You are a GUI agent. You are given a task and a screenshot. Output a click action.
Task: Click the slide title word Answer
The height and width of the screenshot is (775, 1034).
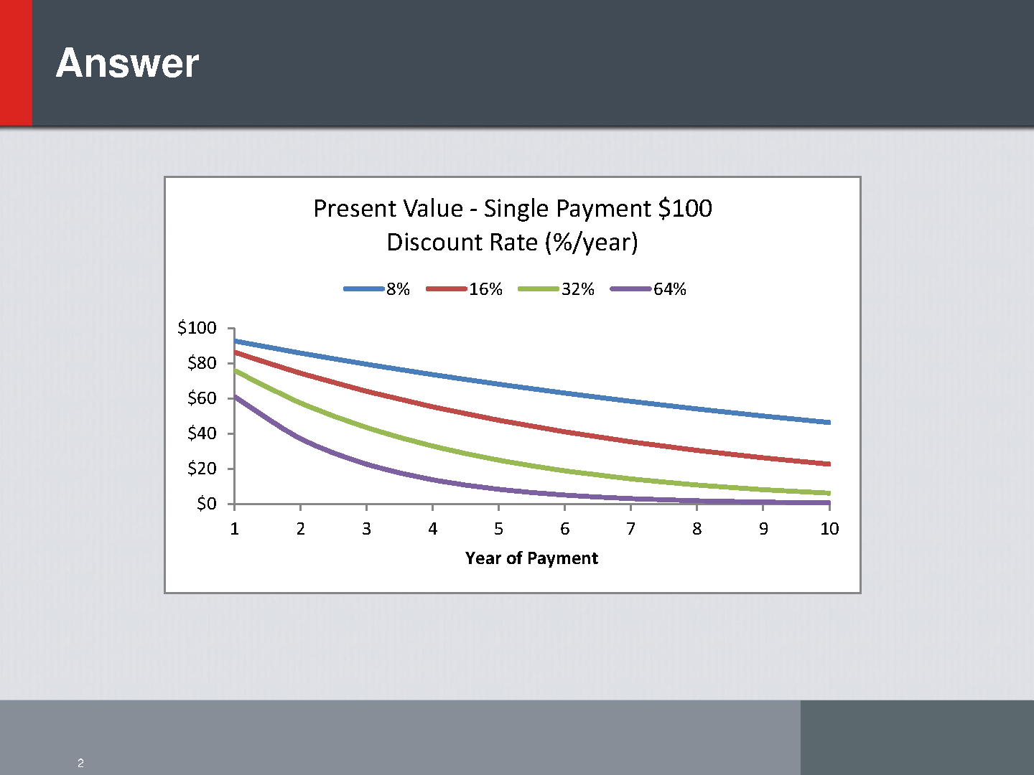pyautogui.click(x=127, y=63)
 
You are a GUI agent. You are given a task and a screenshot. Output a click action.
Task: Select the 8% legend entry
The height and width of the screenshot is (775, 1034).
pyautogui.click(x=376, y=288)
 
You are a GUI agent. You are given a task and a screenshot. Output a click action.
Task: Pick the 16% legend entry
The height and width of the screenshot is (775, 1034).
pyautogui.click(x=464, y=288)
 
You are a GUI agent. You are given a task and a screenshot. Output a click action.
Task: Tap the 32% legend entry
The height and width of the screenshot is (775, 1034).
pyautogui.click(x=556, y=288)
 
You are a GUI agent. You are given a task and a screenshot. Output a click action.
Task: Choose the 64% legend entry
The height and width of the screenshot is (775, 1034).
pyautogui.click(x=648, y=288)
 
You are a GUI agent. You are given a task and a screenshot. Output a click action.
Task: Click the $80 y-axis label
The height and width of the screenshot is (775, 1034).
pyautogui.click(x=202, y=363)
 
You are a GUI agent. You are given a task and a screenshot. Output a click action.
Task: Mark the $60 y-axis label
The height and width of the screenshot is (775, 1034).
pyautogui.click(x=202, y=398)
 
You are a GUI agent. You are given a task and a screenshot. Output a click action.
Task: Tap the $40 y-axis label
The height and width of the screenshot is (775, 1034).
pyautogui.click(x=202, y=433)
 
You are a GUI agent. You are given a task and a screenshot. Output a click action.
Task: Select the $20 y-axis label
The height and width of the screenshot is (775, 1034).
pyautogui.click(x=202, y=468)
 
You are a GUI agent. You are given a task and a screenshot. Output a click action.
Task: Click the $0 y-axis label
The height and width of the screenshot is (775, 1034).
pyautogui.click(x=206, y=504)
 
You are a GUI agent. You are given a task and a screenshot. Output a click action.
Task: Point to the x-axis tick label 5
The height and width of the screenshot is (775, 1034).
pyautogui.click(x=498, y=529)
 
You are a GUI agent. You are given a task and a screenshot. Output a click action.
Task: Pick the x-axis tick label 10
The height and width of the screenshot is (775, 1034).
pyautogui.click(x=829, y=529)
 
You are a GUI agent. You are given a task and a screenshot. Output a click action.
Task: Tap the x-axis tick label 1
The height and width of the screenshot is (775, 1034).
pyautogui.click(x=235, y=529)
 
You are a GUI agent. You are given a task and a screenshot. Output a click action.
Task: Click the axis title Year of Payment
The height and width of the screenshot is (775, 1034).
pyautogui.click(x=531, y=558)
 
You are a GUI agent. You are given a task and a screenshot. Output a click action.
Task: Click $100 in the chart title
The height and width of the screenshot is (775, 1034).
pyautogui.click(x=686, y=208)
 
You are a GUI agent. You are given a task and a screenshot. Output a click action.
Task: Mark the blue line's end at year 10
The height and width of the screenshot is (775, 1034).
pyautogui.click(x=829, y=423)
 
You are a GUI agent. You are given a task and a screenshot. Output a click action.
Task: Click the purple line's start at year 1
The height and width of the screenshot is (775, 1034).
pyautogui.click(x=235, y=397)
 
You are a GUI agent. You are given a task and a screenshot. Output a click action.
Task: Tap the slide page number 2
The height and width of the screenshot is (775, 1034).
pyautogui.click(x=80, y=763)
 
